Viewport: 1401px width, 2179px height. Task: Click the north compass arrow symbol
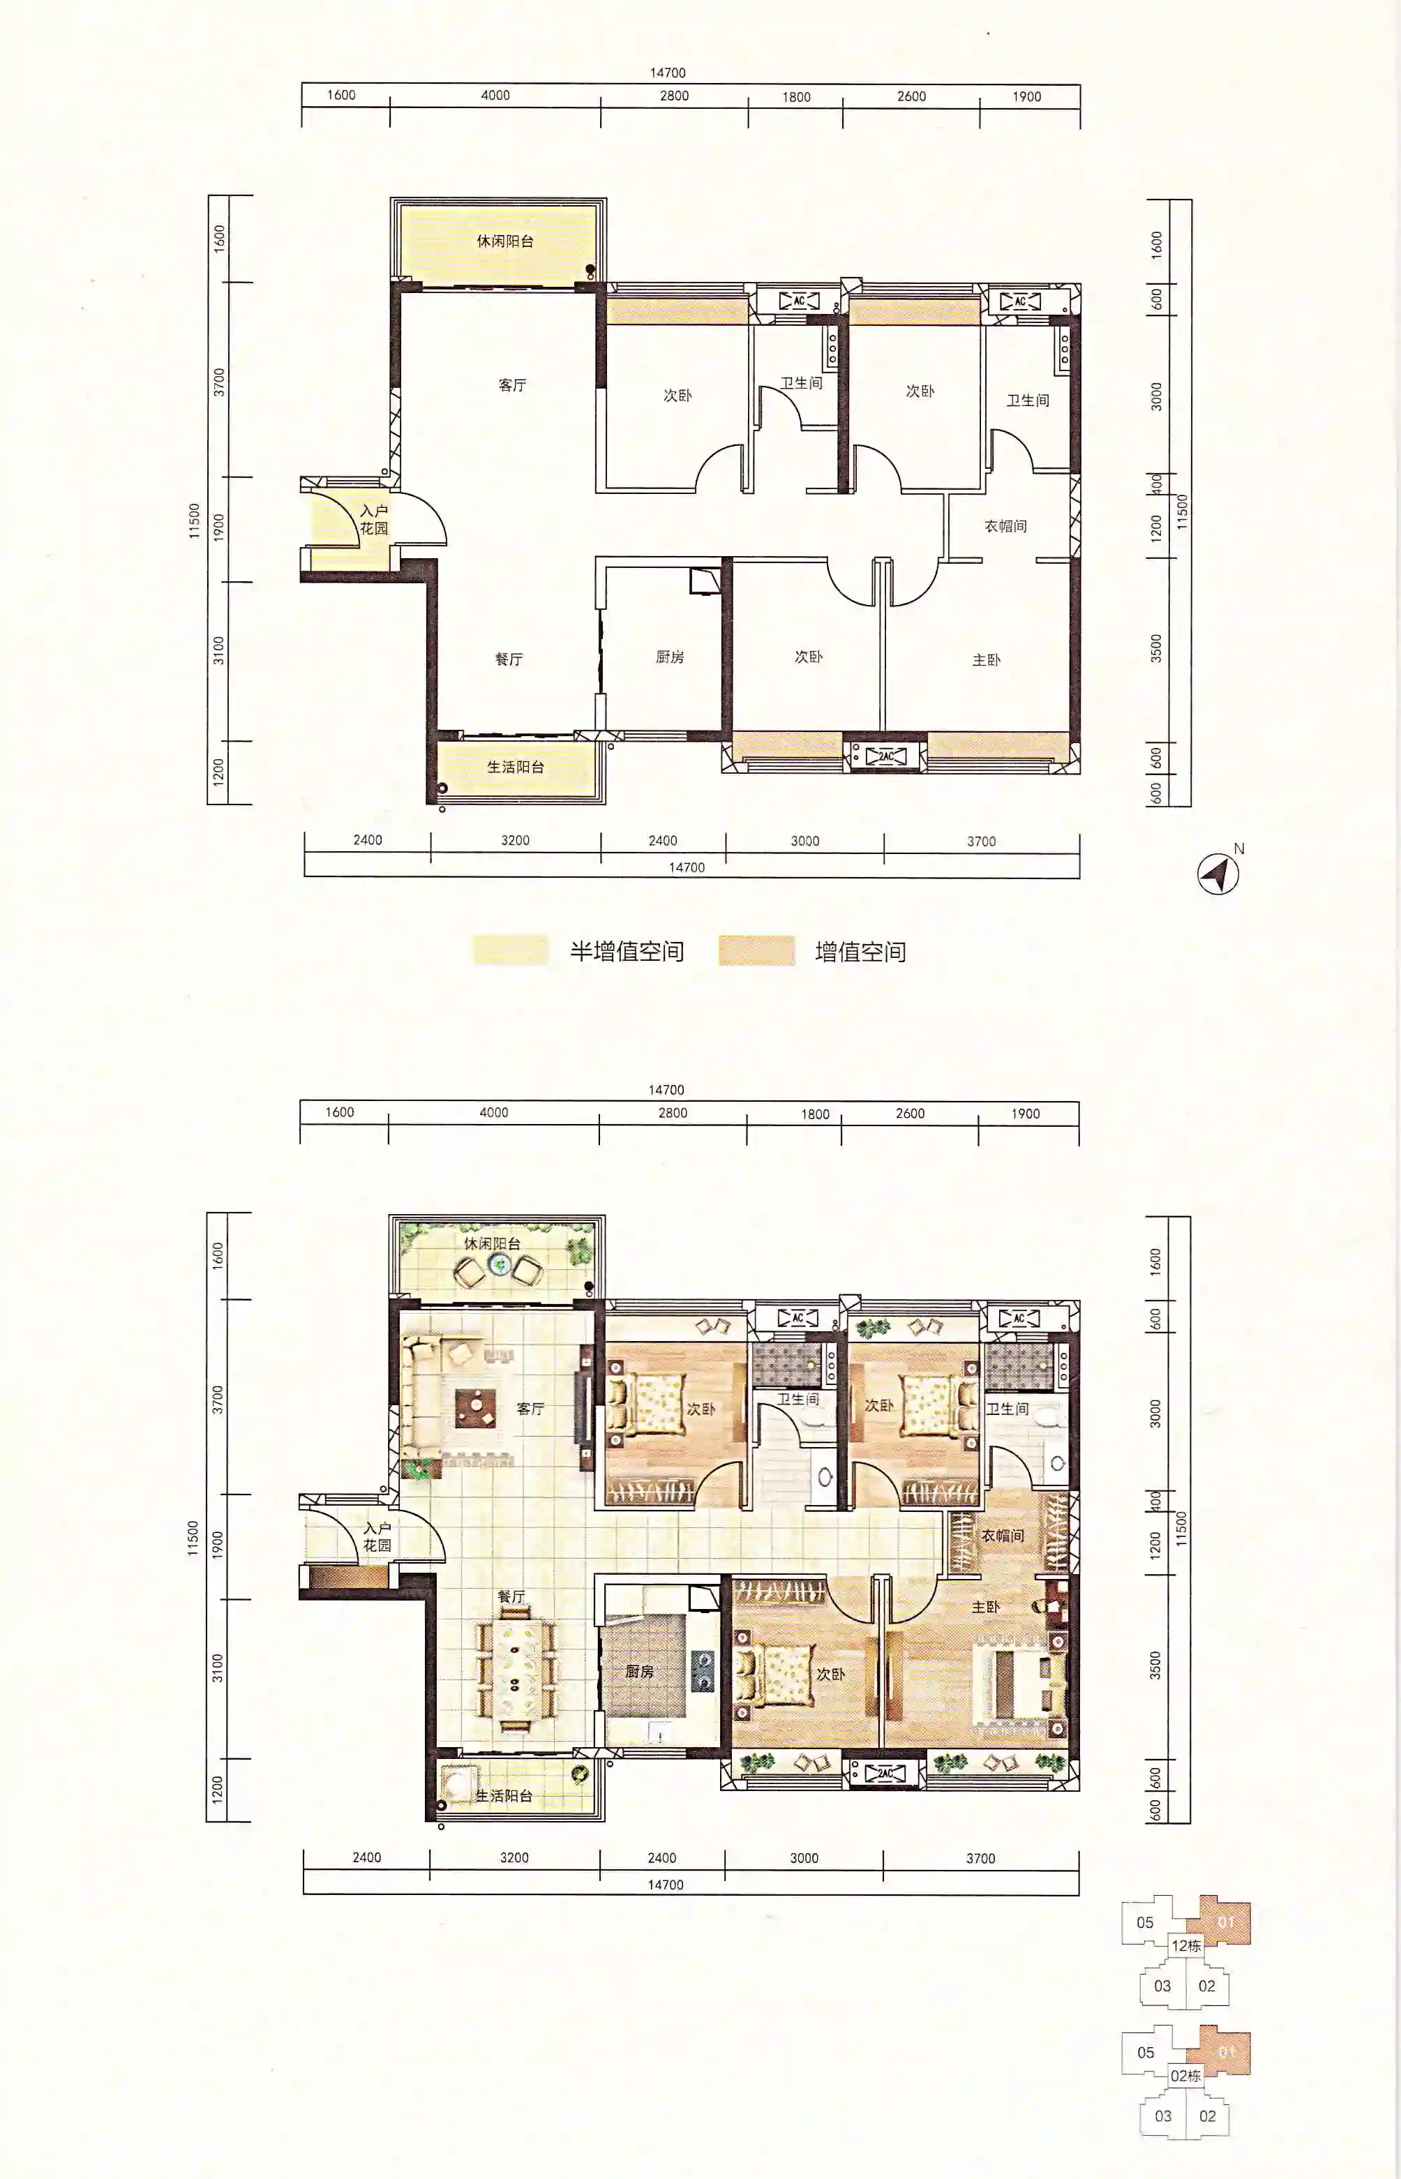[1218, 874]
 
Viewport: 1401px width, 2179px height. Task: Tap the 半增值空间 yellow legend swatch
[510, 950]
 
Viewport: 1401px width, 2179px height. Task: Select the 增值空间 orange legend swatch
[756, 950]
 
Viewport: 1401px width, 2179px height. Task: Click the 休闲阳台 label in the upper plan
[505, 241]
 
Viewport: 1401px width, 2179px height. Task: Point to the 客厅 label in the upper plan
[512, 385]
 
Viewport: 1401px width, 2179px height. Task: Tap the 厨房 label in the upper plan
[670, 656]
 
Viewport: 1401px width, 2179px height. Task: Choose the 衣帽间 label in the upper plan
[1005, 526]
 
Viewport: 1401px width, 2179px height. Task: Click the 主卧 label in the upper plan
[986, 659]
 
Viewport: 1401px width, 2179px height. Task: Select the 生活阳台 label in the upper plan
[516, 766]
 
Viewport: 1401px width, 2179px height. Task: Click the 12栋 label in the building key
[1186, 1946]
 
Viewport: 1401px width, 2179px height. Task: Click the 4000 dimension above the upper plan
[495, 95]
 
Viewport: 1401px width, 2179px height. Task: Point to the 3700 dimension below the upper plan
[982, 841]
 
